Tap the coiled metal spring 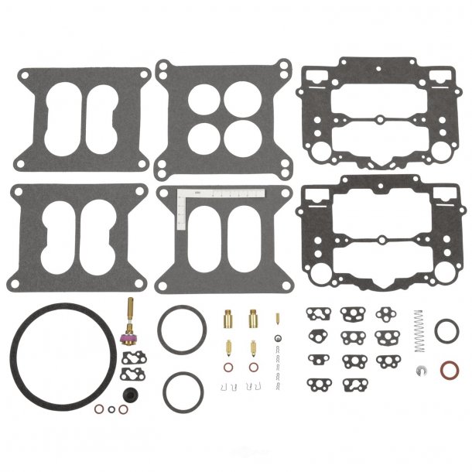(419, 323)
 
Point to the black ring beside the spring (446, 330)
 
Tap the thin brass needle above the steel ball (275, 318)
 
